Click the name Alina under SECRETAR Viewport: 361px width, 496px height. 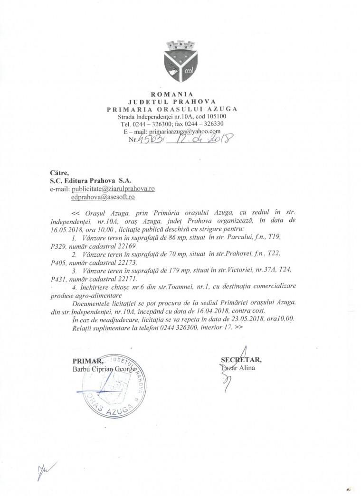tap(247, 368)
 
